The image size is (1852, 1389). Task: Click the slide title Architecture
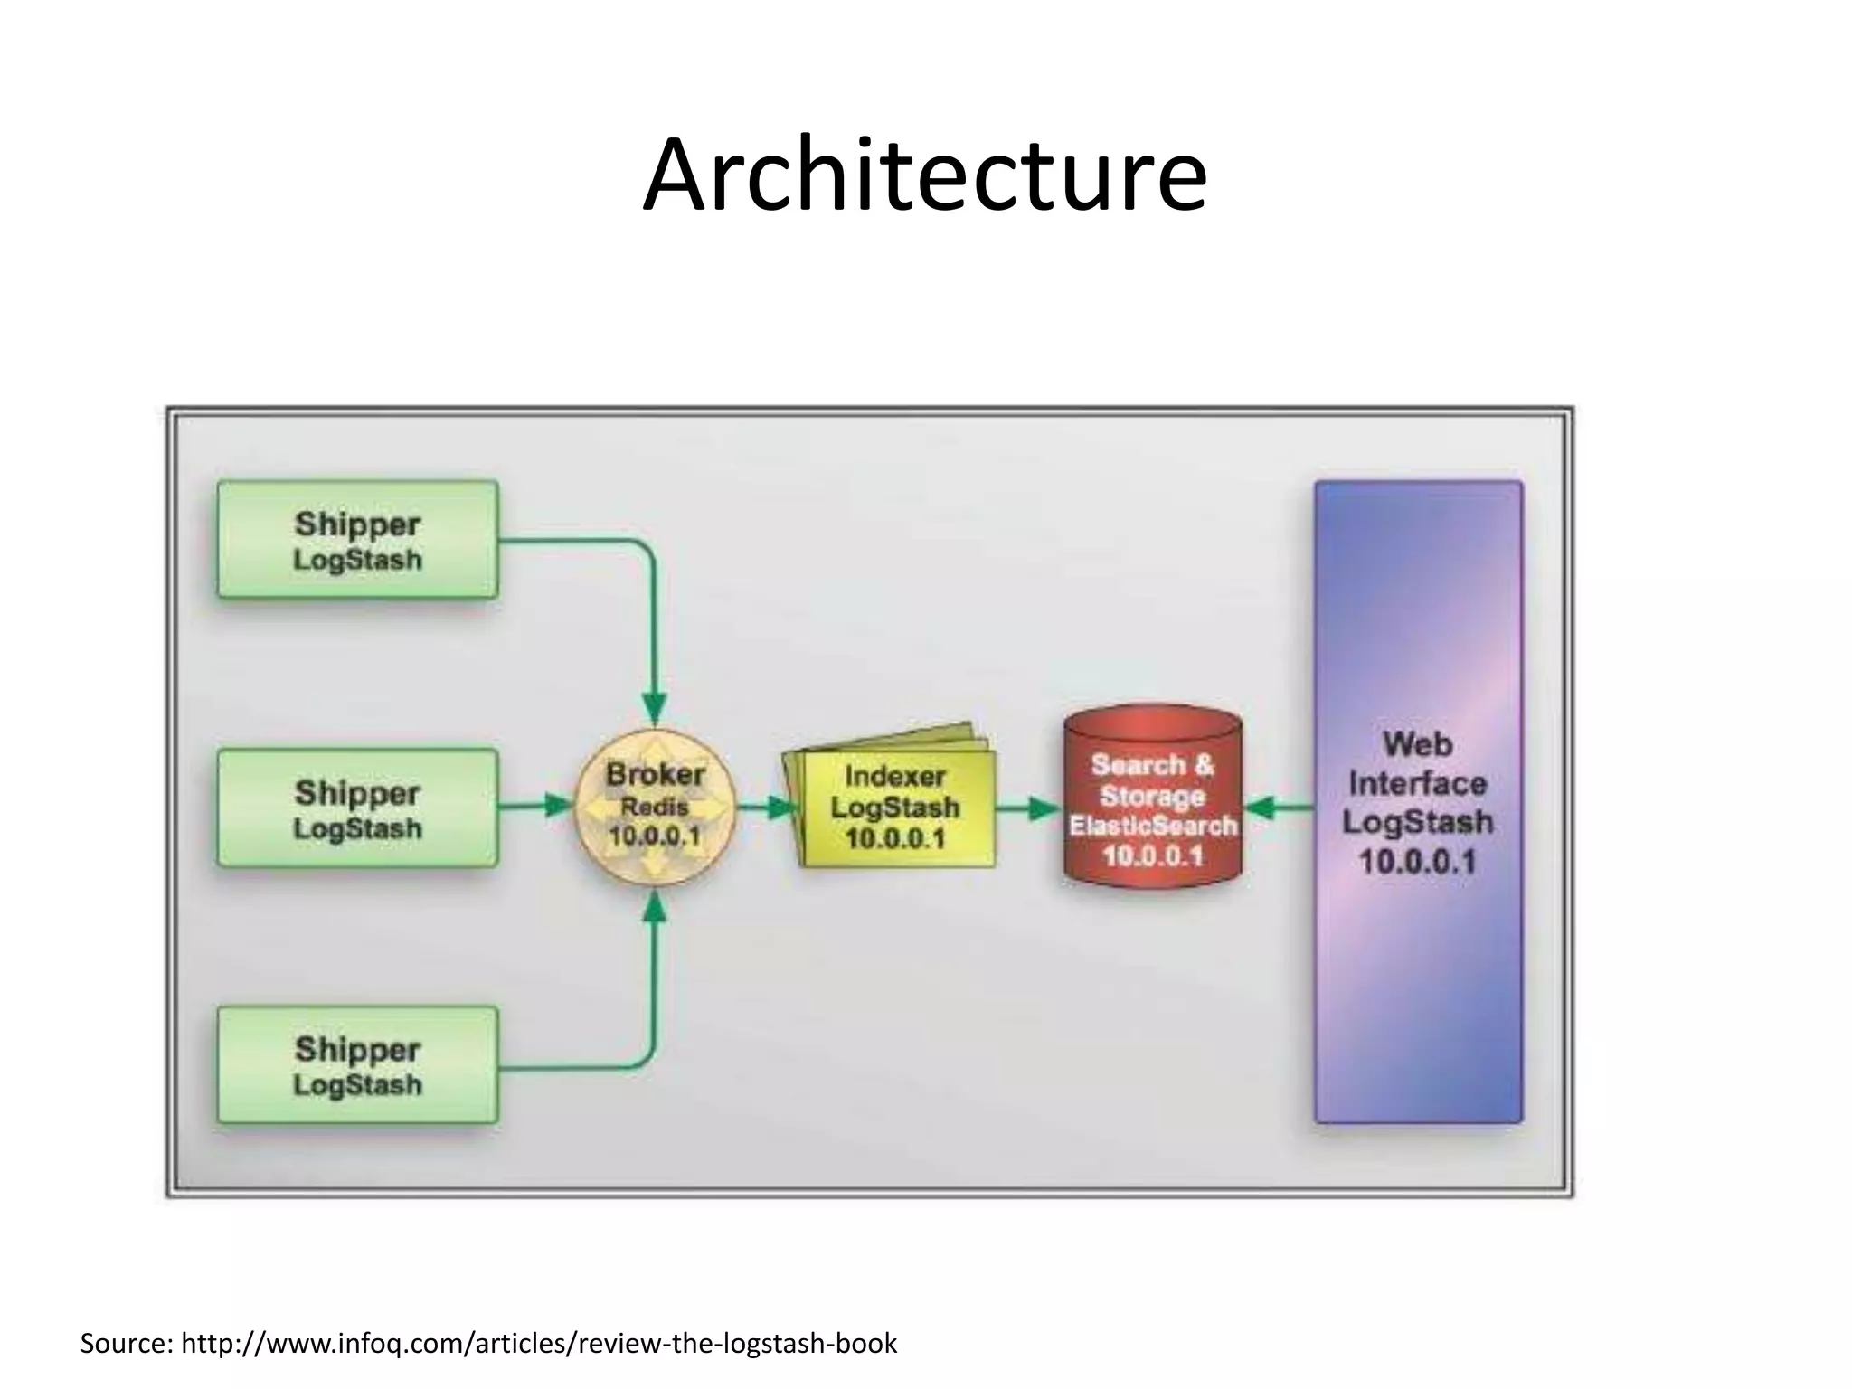[x=924, y=175]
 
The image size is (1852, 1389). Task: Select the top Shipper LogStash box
[x=357, y=540]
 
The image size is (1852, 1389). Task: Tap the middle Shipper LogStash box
[x=357, y=808]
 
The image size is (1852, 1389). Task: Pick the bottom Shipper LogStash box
[x=357, y=1065]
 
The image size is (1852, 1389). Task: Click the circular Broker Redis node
[x=655, y=807]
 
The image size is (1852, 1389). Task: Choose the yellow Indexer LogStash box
[x=895, y=808]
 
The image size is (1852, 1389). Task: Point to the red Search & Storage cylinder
[x=1151, y=796]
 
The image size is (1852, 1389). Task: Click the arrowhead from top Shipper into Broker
[x=654, y=705]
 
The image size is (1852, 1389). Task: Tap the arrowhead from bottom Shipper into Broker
[x=654, y=907]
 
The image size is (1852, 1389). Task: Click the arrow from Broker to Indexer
[x=765, y=807]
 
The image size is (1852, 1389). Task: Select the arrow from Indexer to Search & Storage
[x=1029, y=808]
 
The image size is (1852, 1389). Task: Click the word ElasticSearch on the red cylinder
[x=1152, y=825]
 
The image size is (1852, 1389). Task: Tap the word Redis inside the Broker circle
[x=655, y=807]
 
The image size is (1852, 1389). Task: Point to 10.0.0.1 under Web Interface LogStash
[x=1417, y=861]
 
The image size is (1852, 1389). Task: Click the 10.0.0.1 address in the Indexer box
[x=895, y=838]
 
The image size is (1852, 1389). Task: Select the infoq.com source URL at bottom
[x=539, y=1344]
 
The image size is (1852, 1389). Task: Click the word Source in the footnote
[x=125, y=1344]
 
